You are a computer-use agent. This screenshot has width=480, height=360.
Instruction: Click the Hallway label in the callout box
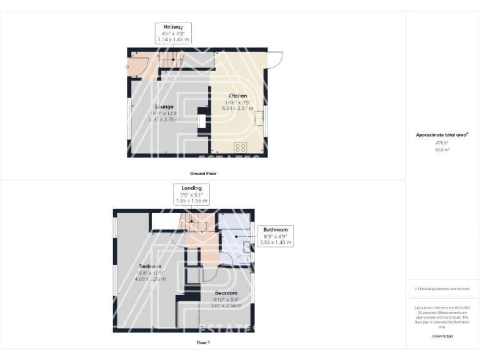[172, 27]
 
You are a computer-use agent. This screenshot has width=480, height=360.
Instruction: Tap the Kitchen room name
[237, 96]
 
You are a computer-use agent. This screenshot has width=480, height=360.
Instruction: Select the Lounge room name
[164, 106]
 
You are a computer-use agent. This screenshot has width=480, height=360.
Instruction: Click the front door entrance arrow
[127, 66]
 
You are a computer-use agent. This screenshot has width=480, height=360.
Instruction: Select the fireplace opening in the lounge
[201, 121]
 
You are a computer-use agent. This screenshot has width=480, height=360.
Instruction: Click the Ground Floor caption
[202, 173]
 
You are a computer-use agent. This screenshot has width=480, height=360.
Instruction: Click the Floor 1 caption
[202, 342]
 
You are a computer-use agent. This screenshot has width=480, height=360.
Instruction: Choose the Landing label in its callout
[191, 188]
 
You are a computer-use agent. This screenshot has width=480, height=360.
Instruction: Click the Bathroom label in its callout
[275, 229]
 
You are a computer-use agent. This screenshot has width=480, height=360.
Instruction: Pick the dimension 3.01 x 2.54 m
[226, 306]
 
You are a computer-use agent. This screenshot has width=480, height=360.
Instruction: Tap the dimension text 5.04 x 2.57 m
[237, 109]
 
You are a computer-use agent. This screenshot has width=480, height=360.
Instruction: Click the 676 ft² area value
[442, 142]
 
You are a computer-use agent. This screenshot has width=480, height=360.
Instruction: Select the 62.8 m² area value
[442, 149]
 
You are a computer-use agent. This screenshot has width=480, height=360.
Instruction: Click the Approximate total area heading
[442, 134]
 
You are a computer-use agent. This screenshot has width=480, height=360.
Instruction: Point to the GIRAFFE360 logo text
[442, 336]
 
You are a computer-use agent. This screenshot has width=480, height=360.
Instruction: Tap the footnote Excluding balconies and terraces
[442, 289]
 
